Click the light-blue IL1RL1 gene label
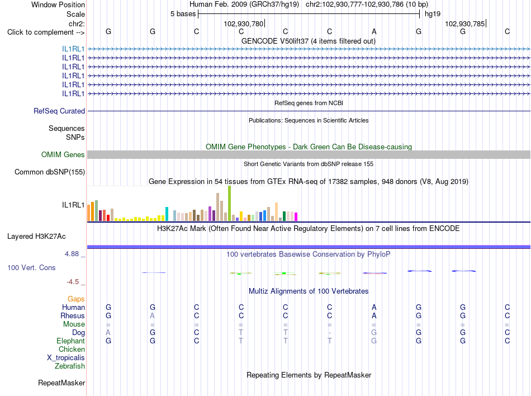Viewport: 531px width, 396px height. pos(73,49)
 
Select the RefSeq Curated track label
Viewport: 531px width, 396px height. pos(59,111)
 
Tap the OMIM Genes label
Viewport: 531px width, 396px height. pos(63,154)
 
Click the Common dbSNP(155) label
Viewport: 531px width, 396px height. pos(50,172)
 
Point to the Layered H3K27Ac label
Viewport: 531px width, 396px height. pos(36,236)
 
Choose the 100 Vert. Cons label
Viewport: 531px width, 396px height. pos(31,267)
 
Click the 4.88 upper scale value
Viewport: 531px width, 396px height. pos(72,254)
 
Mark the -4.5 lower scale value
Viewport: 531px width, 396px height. pos(73,282)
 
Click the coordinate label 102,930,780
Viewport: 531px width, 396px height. pos(244,23)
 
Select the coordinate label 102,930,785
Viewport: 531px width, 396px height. pos(465,23)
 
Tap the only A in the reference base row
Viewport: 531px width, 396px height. pos(374,31)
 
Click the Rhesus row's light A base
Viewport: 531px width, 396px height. pos(153,315)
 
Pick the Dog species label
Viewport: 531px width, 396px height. pos(79,333)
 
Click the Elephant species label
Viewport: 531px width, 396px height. pos(71,341)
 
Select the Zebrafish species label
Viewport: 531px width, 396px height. pos(70,366)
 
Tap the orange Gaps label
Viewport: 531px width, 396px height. pos(76,299)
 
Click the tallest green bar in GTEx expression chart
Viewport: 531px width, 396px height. pos(229,204)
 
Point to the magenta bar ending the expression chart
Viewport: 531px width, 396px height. pos(296,217)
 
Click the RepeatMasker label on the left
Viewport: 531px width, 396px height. pos(61,383)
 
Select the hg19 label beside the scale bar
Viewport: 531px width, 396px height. pos(433,14)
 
